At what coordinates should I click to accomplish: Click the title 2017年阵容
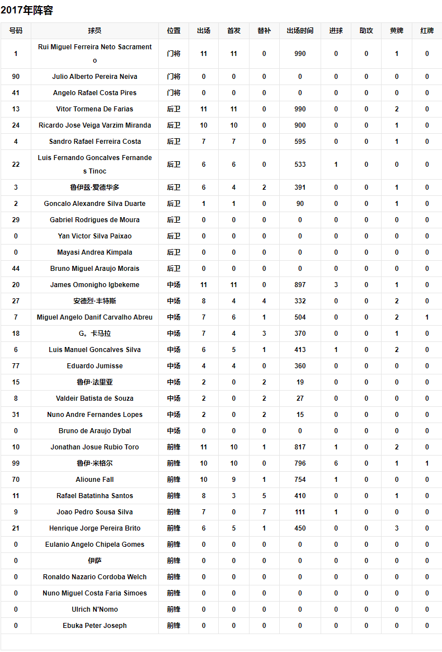click(x=27, y=10)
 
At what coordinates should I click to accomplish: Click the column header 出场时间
click(x=300, y=31)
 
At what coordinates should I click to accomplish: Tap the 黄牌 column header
click(x=397, y=31)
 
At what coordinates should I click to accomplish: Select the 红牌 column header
click(x=427, y=31)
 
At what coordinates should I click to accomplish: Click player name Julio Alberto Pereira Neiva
click(x=95, y=77)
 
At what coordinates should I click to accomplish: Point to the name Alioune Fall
click(x=95, y=480)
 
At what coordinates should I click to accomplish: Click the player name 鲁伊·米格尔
click(x=95, y=463)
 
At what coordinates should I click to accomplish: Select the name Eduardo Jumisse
click(x=95, y=366)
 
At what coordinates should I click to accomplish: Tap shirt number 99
click(x=16, y=463)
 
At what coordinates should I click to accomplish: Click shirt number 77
click(x=16, y=366)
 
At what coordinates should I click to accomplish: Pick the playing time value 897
click(x=300, y=285)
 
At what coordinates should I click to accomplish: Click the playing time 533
click(x=300, y=165)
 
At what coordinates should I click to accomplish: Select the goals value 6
click(x=336, y=463)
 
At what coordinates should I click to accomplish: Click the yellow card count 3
click(x=397, y=528)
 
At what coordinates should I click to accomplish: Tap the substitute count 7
click(x=264, y=512)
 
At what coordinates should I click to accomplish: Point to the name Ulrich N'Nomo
click(x=95, y=609)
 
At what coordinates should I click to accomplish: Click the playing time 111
click(x=300, y=512)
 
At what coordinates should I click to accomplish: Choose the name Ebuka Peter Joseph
click(x=95, y=626)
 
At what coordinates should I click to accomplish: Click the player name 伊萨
click(x=95, y=561)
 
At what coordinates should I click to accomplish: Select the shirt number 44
click(x=16, y=269)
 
